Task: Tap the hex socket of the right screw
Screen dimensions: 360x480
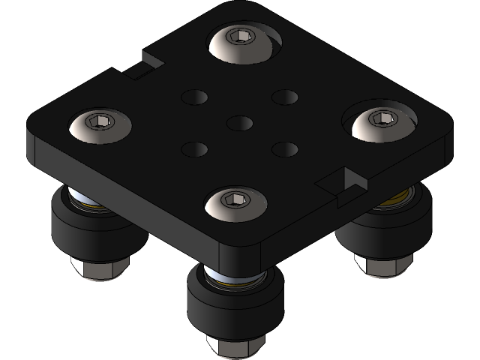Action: (x=382, y=118)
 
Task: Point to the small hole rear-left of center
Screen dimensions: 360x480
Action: (x=194, y=97)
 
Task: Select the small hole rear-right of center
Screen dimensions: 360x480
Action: (x=285, y=97)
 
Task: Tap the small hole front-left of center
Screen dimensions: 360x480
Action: (x=194, y=149)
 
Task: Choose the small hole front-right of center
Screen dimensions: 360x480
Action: (x=284, y=149)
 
